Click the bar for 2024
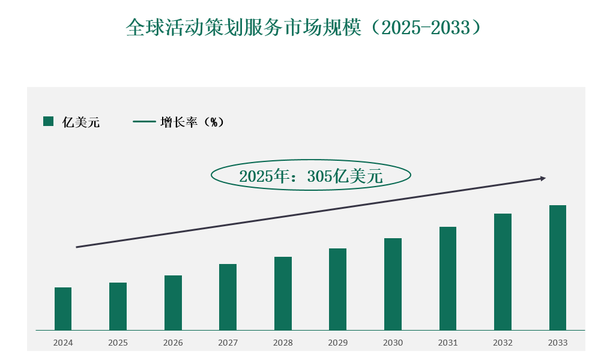63,308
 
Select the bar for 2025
118,306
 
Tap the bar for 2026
173,302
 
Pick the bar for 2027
228,297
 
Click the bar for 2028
283,293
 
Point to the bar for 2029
338,289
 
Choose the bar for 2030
393,284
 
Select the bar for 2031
448,278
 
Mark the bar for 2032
503,272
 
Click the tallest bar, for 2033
558,268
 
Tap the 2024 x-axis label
63,343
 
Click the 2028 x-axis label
283,343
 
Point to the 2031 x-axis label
448,343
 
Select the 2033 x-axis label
558,343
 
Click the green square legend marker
49,122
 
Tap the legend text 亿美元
81,122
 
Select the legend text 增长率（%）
192,122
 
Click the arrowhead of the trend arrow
543,178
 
